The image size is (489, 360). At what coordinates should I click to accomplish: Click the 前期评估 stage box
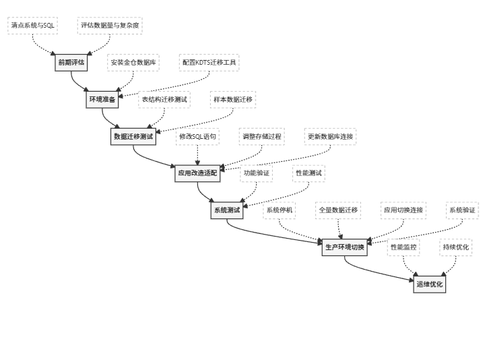[x=71, y=63]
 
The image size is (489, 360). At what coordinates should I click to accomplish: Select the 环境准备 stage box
[x=103, y=100]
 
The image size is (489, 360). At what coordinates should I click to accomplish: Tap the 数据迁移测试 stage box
[x=133, y=136]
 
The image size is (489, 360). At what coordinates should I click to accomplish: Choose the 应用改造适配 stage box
[x=197, y=173]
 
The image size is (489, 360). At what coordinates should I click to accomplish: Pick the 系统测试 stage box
[x=227, y=210]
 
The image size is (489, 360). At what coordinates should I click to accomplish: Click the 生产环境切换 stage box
[x=344, y=247]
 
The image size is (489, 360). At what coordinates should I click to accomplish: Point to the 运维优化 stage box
[x=430, y=284]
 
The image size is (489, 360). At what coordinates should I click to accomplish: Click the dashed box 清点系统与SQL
[x=34, y=26]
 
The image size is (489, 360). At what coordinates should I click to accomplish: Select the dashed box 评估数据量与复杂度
[x=110, y=26]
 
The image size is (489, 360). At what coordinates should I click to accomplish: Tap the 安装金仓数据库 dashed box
[x=133, y=63]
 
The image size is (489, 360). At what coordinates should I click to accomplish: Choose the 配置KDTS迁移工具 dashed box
[x=209, y=63]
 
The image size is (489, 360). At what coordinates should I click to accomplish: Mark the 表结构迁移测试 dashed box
[x=164, y=100]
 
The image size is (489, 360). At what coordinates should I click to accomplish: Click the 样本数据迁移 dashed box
[x=232, y=100]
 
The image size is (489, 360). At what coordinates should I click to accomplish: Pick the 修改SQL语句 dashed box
[x=197, y=136]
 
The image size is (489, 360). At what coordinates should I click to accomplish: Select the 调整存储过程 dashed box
[x=262, y=136]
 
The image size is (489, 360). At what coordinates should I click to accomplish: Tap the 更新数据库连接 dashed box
[x=330, y=136]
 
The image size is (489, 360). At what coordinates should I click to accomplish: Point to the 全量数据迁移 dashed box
[x=338, y=210]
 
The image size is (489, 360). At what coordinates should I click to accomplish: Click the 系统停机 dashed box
[x=279, y=210]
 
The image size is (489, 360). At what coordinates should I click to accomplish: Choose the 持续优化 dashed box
[x=456, y=247]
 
